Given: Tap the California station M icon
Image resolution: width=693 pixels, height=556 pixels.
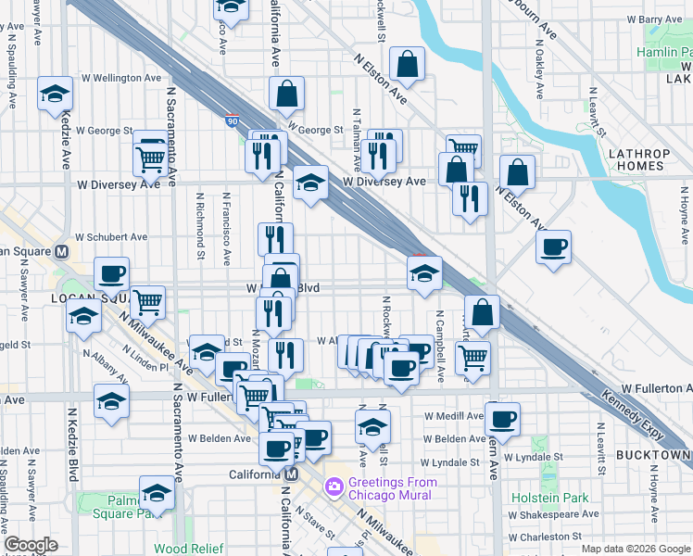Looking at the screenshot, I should (291, 474).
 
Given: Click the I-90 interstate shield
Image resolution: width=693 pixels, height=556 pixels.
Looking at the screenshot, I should (231, 120).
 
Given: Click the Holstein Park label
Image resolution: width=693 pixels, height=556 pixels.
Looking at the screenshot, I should (549, 498).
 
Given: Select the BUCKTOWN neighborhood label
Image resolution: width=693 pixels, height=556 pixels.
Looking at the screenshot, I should (657, 455).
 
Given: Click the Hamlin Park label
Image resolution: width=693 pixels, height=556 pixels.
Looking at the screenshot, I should (665, 52).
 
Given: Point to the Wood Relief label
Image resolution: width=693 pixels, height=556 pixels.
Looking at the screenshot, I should (189, 549).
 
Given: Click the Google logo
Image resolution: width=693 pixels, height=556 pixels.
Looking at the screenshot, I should (31, 545).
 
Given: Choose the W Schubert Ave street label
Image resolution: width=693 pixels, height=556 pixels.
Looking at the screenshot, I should (111, 237).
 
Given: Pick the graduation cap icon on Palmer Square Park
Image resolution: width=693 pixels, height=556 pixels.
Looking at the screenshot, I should (157, 491).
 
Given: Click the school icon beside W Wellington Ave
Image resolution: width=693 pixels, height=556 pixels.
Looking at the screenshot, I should (56, 93).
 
